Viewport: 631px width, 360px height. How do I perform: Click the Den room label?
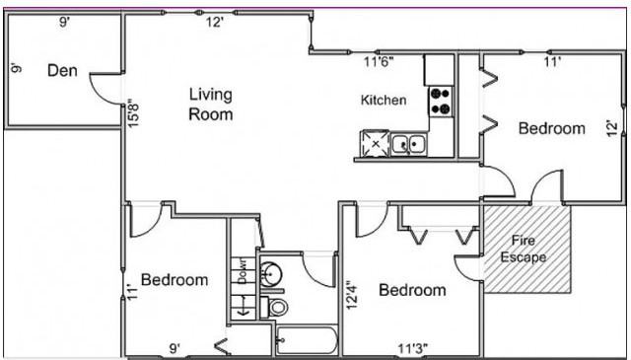point(63,70)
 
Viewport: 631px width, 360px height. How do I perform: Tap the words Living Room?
point(211,105)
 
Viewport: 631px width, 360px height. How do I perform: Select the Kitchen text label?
point(383,101)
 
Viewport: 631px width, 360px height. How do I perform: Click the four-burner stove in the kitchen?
point(440,100)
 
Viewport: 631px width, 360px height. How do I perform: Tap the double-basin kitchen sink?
point(408,145)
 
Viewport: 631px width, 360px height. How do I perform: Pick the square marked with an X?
point(375,143)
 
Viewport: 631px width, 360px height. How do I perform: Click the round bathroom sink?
point(272,271)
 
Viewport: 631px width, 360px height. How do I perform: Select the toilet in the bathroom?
point(278,308)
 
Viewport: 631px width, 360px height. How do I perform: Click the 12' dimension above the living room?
point(214,22)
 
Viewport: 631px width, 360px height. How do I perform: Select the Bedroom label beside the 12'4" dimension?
point(412,291)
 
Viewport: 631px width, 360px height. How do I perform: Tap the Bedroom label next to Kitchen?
point(551,128)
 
